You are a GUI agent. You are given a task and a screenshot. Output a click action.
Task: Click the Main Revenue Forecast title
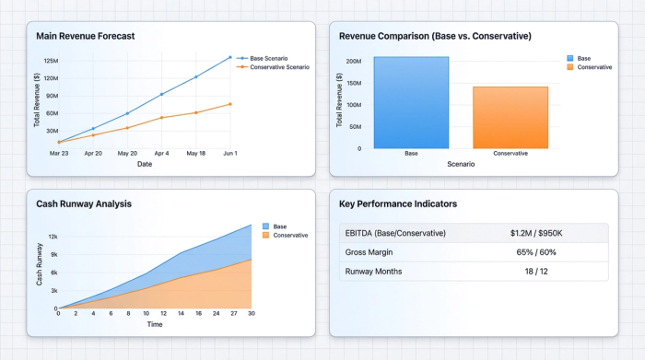[85, 36]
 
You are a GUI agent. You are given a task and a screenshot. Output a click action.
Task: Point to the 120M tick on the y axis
[51, 61]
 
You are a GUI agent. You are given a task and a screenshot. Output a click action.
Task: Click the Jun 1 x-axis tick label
[229, 154]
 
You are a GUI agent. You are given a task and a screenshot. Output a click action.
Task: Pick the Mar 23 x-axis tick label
[59, 154]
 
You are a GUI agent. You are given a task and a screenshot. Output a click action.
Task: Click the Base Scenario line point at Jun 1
[229, 57]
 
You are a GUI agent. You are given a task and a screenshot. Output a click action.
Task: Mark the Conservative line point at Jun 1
[229, 104]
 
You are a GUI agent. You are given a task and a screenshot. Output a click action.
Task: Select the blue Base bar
[411, 102]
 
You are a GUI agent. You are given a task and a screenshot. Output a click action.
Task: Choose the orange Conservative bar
[510, 117]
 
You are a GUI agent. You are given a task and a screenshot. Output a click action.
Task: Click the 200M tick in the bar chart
[353, 62]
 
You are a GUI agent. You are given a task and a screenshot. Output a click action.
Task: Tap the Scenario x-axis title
[461, 164]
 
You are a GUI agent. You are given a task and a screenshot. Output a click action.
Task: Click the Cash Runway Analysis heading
[84, 203]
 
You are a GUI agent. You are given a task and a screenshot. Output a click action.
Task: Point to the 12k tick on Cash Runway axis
[53, 237]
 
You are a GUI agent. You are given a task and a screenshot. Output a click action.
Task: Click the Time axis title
[155, 324]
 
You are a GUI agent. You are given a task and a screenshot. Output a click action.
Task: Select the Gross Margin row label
[371, 252]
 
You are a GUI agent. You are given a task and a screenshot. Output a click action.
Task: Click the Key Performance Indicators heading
[399, 203]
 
